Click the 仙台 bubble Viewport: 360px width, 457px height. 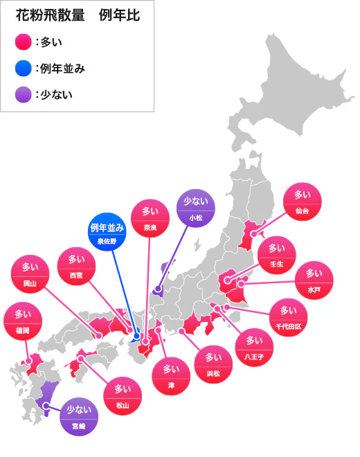(303, 201)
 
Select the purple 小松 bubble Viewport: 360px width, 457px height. (197, 208)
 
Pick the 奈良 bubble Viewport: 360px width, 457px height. (150, 219)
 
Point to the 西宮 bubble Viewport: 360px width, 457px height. (76, 267)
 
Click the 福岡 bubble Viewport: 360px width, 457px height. (22, 322)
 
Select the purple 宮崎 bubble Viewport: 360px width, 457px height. (79, 416)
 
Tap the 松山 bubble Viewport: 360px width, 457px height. (123, 396)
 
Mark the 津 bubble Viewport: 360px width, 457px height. (170, 375)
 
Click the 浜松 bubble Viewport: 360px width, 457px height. (213, 365)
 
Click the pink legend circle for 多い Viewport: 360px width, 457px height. (23, 42)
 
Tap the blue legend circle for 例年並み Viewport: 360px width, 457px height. (23, 68)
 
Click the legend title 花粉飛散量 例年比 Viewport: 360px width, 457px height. (78, 17)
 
